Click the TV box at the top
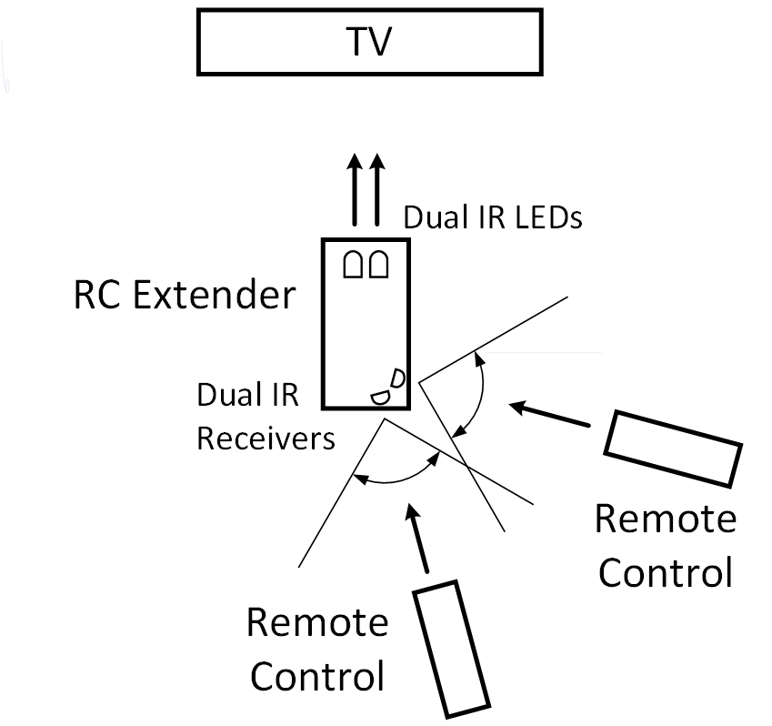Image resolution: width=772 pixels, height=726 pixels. [273, 43]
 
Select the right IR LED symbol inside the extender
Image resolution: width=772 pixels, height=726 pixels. [378, 265]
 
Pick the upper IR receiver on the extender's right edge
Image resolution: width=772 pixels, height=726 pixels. [398, 377]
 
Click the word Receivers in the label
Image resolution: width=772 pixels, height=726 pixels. [266, 439]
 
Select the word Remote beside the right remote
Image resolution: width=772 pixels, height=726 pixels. [665, 519]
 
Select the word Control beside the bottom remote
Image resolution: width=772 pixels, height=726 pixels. [316, 677]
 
